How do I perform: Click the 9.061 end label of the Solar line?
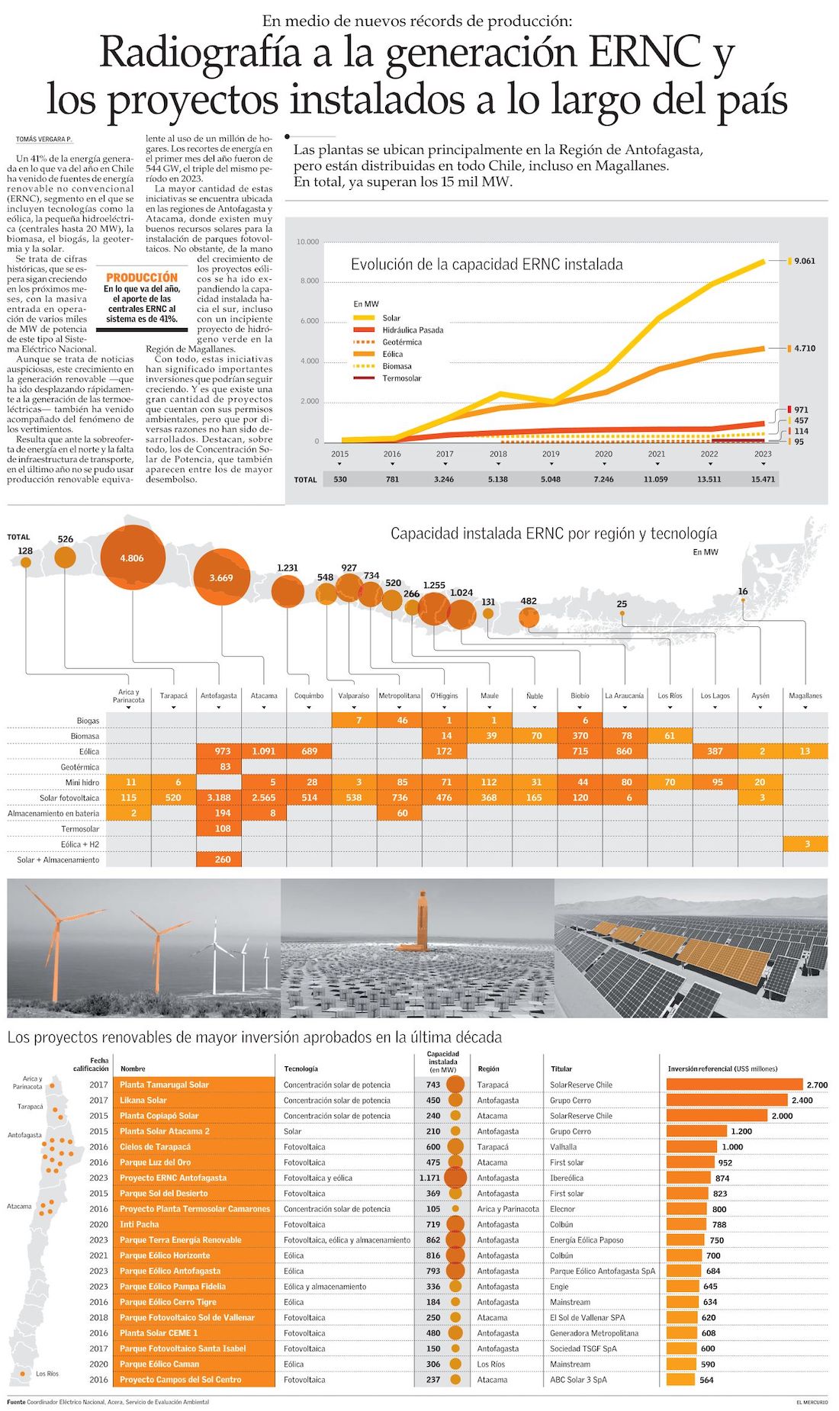[804, 261]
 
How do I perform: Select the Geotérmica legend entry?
[401, 342]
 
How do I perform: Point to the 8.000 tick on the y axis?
[308, 281]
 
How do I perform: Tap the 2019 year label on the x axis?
[551, 454]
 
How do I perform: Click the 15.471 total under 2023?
[762, 479]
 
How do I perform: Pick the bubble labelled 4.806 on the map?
[132, 558]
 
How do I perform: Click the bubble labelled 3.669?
[221, 577]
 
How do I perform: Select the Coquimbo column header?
[309, 696]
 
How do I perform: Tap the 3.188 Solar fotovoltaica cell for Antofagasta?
[219, 798]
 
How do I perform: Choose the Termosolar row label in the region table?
[80, 829]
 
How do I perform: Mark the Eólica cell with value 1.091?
[264, 751]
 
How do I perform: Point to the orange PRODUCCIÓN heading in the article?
[142, 278]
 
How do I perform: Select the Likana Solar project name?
[143, 1101]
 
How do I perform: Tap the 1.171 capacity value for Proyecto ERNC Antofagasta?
[429, 1178]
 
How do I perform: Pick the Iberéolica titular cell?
[567, 1178]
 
